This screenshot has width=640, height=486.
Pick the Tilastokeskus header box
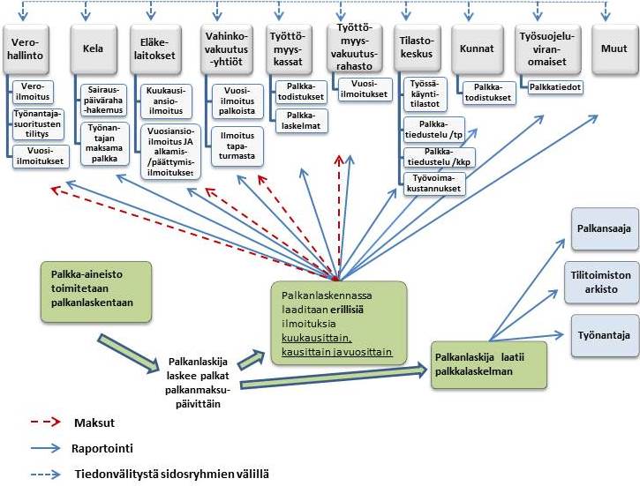(418, 49)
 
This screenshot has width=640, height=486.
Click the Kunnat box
(477, 49)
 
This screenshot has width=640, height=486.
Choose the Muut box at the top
(608, 49)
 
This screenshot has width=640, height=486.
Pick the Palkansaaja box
(603, 229)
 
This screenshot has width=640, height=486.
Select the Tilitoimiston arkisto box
(603, 281)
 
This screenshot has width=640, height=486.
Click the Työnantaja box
(603, 335)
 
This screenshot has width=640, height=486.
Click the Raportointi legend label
(102, 448)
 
